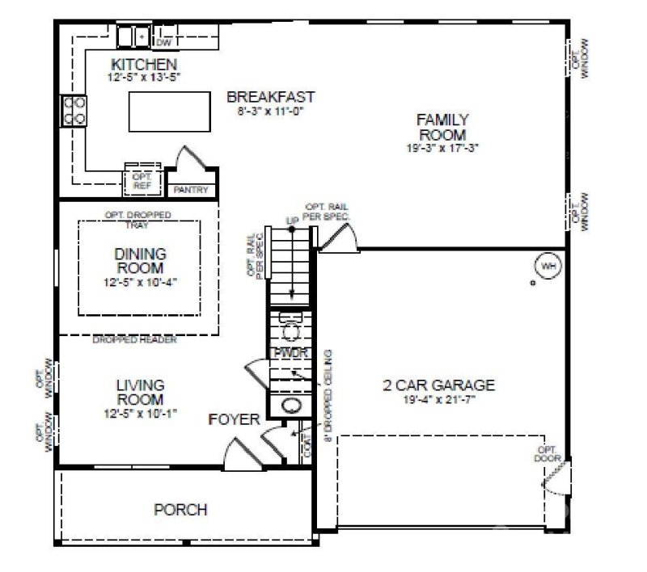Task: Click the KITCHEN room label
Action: (x=144, y=64)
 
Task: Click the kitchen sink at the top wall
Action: (x=133, y=36)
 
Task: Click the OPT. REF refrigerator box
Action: (x=142, y=180)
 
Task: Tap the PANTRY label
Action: (x=192, y=191)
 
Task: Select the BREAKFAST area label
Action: (x=270, y=97)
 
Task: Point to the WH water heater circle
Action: (x=548, y=266)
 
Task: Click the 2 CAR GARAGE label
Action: (x=438, y=385)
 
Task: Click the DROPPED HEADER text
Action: (x=134, y=340)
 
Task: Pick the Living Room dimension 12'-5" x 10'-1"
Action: (x=139, y=413)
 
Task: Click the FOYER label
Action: (x=234, y=419)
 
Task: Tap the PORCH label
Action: (x=180, y=510)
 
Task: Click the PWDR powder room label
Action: (x=288, y=354)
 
